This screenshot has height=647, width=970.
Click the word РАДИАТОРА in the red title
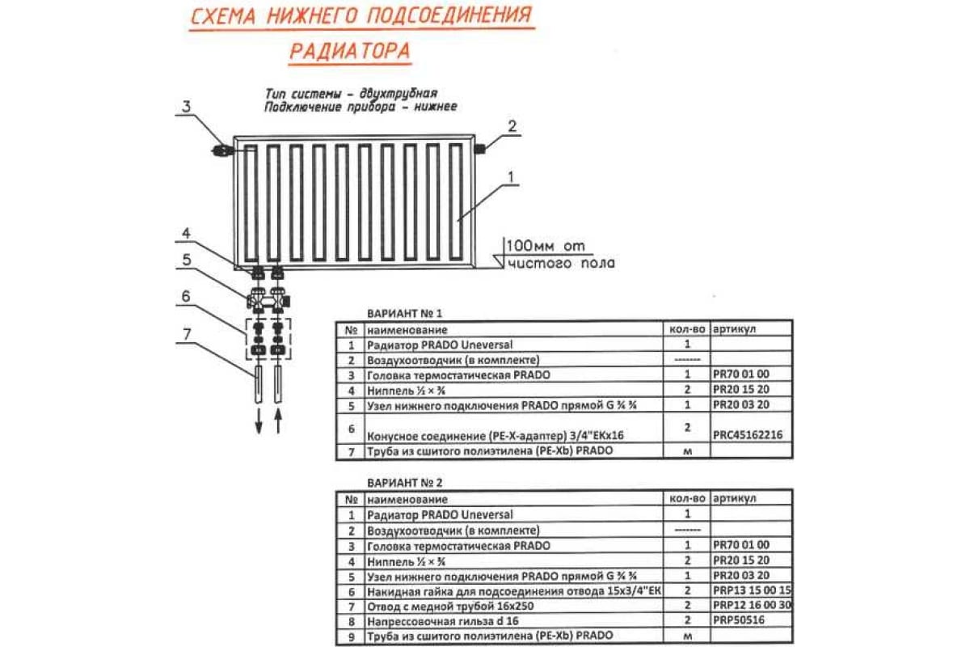click(x=349, y=51)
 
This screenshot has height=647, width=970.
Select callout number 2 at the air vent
click(x=511, y=125)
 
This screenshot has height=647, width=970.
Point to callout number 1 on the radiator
click(x=511, y=175)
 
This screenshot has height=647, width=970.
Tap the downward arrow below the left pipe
click(x=259, y=422)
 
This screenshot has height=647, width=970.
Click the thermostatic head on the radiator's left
click(x=221, y=150)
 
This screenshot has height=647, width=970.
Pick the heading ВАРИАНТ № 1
click(x=405, y=313)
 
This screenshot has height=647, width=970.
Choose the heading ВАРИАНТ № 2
click(x=405, y=483)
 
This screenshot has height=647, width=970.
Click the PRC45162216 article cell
click(x=748, y=435)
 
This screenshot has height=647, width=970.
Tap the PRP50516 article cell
click(x=740, y=621)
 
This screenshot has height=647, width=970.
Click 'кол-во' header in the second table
click(x=688, y=499)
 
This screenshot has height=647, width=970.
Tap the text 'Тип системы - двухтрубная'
click(x=355, y=94)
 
